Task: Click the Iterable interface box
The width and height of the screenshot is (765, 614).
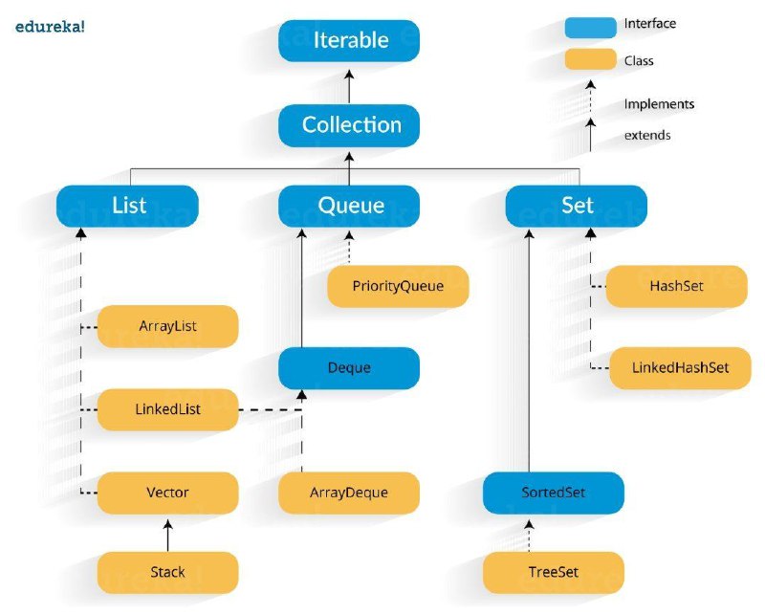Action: [x=349, y=40]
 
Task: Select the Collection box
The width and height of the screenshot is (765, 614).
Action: [x=349, y=125]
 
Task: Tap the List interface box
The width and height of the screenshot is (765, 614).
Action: [x=127, y=206]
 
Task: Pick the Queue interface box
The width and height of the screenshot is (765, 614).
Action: [x=349, y=206]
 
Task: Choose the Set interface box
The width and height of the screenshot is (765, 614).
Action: [x=577, y=206]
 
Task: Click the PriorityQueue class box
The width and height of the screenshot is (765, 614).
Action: [x=398, y=287]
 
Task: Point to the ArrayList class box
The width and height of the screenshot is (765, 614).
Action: [x=168, y=326]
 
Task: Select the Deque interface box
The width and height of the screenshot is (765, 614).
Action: [x=349, y=368]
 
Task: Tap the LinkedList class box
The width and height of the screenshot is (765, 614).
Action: [x=168, y=409]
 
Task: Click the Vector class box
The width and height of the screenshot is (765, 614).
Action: [x=168, y=493]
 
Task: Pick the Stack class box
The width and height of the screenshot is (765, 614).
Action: [x=168, y=573]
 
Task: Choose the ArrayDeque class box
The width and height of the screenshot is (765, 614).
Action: [x=349, y=493]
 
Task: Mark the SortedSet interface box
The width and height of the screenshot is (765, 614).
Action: [x=554, y=493]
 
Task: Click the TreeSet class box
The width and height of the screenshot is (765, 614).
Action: [x=554, y=573]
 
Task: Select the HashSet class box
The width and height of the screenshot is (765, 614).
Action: [x=676, y=287]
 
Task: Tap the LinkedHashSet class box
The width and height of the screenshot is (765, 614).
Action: [x=680, y=368]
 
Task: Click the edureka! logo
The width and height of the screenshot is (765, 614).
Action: [x=50, y=27]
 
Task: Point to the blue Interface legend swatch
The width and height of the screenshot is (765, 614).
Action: [x=590, y=28]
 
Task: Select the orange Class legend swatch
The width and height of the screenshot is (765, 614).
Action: [x=590, y=59]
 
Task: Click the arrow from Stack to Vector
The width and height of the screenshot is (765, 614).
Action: [x=168, y=536]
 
